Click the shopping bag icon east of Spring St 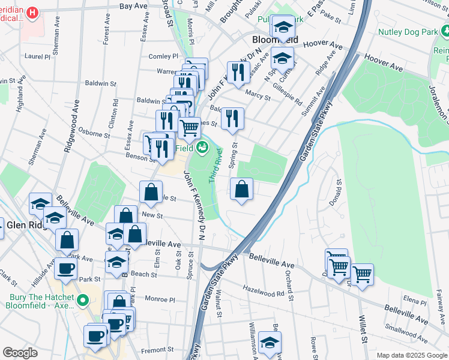point(241,190)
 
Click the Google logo point(20,353)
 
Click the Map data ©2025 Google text point(412,355)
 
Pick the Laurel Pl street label point(37,57)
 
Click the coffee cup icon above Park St point(65,268)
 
